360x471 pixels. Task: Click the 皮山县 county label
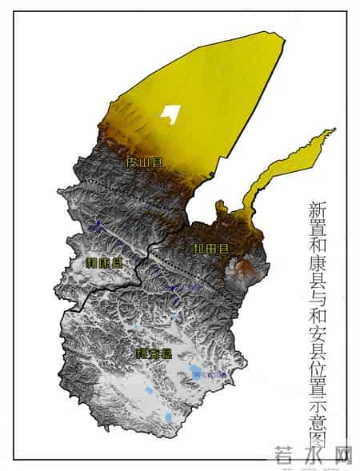pos(145,162)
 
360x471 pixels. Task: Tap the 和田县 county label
pos(210,249)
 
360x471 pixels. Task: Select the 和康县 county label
pos(105,263)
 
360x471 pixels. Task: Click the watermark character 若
pos(279,455)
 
